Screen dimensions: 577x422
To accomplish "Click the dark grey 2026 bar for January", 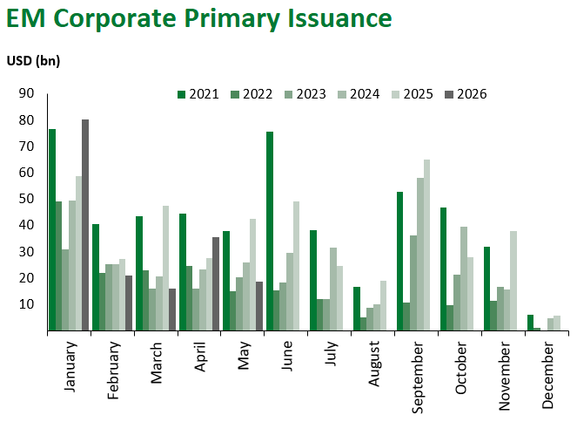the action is (x=85, y=225).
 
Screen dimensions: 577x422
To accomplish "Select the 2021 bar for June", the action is (x=270, y=231).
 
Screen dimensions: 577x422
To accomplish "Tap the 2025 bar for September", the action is (x=426, y=245).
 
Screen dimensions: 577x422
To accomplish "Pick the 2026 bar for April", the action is (x=216, y=283).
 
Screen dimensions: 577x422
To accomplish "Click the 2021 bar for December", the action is (x=530, y=323).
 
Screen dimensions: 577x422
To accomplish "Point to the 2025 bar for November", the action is (x=513, y=281).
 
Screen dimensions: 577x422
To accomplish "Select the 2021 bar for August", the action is (x=357, y=309).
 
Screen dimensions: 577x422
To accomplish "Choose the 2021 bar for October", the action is (x=444, y=269).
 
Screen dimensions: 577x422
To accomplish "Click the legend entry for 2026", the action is (x=466, y=94).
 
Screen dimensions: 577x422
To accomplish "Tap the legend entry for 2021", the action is (x=198, y=94).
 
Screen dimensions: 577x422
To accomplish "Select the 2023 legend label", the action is (x=312, y=94).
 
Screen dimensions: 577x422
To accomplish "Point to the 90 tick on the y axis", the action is (x=26, y=93).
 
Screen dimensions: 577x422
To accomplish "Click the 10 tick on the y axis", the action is (x=26, y=304).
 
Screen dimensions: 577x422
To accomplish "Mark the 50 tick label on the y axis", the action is (x=26, y=199).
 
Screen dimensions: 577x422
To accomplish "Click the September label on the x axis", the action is (x=417, y=378).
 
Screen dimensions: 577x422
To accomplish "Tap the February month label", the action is (x=113, y=370).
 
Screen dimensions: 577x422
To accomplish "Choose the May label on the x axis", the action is (x=244, y=355).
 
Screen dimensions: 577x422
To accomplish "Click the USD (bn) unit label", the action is (x=33, y=61).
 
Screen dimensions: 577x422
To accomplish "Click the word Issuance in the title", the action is (x=339, y=18).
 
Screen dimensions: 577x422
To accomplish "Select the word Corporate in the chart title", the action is (x=115, y=19).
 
